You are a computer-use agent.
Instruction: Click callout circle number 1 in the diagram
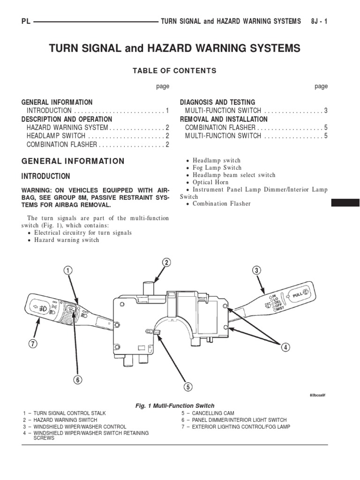point(68,270)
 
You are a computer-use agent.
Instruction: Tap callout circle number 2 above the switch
point(166,262)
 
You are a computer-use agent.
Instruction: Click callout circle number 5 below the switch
point(187,387)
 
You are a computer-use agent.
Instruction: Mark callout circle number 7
point(32,344)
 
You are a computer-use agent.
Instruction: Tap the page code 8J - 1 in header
point(319,22)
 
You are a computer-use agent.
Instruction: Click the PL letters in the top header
point(27,22)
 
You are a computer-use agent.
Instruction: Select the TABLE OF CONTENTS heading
point(174,71)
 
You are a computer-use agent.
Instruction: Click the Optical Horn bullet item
point(210,182)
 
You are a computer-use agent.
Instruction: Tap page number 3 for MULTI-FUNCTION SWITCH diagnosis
point(325,111)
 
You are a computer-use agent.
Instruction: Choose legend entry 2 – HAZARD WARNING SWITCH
point(64,420)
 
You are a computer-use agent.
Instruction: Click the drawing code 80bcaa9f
point(317,395)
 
